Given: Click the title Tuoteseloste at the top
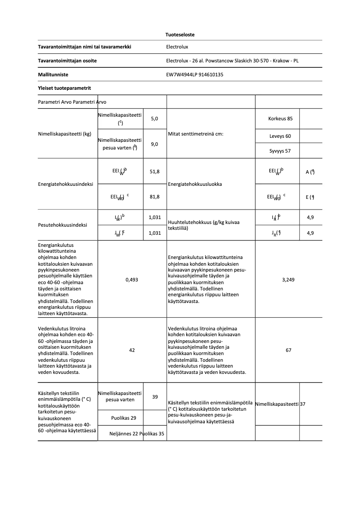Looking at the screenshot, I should click(180, 35).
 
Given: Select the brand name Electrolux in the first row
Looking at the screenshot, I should click(177, 47).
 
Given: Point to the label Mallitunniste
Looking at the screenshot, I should click(53, 75).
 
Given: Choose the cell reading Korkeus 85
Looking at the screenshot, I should click(280, 119).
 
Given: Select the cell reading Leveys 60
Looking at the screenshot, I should click(280, 136).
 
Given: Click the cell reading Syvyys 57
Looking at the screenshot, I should click(280, 151).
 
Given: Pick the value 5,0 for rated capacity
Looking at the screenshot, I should click(155, 119).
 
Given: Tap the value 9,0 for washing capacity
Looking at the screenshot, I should click(155, 144).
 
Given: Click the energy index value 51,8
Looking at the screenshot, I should click(155, 171).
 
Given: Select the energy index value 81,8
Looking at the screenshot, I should click(155, 197).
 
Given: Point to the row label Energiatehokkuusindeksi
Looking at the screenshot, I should click(66, 184).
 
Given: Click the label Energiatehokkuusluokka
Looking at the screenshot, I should click(195, 184).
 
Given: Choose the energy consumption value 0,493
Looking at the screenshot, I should click(132, 280).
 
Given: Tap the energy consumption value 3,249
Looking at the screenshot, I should click(288, 280).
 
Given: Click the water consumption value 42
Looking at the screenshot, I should click(132, 350).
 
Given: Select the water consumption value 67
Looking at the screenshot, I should click(288, 350).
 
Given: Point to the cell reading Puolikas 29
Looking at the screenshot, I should click(124, 418).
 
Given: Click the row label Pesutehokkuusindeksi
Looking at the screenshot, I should click(63, 225).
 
